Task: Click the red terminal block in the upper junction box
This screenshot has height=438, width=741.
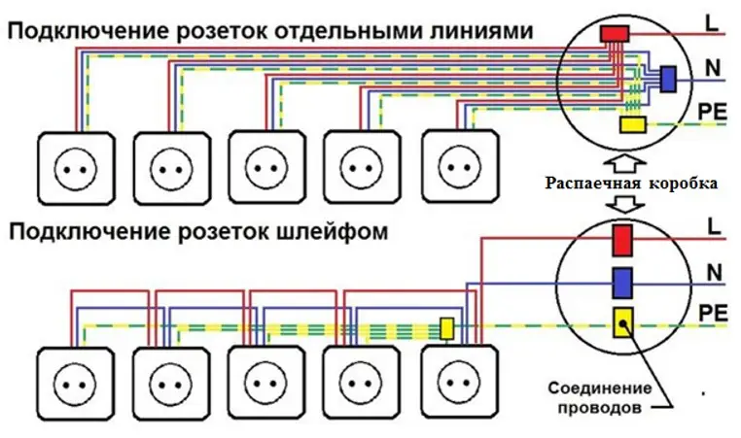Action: tap(615, 34)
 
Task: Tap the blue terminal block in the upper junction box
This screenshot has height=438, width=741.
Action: tap(667, 79)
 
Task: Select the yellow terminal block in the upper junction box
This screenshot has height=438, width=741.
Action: tap(633, 124)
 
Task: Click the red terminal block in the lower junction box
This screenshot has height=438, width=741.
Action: tap(622, 241)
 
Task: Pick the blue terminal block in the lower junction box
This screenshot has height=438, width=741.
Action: tap(622, 283)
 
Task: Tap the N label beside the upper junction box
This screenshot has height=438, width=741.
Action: tap(713, 68)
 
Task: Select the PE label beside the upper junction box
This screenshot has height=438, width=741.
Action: tap(712, 112)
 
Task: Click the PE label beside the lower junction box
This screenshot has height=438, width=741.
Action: tap(713, 313)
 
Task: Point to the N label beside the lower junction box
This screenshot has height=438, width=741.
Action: tap(715, 273)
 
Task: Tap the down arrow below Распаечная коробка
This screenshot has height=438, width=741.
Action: tap(625, 203)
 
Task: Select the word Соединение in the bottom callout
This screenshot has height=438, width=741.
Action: tap(600, 388)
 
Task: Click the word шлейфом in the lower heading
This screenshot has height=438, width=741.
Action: tap(333, 232)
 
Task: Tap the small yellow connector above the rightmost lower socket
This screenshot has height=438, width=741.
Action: tap(446, 328)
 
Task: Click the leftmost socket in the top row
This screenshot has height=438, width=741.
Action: tap(76, 168)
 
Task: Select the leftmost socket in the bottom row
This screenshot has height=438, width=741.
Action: tap(76, 384)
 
